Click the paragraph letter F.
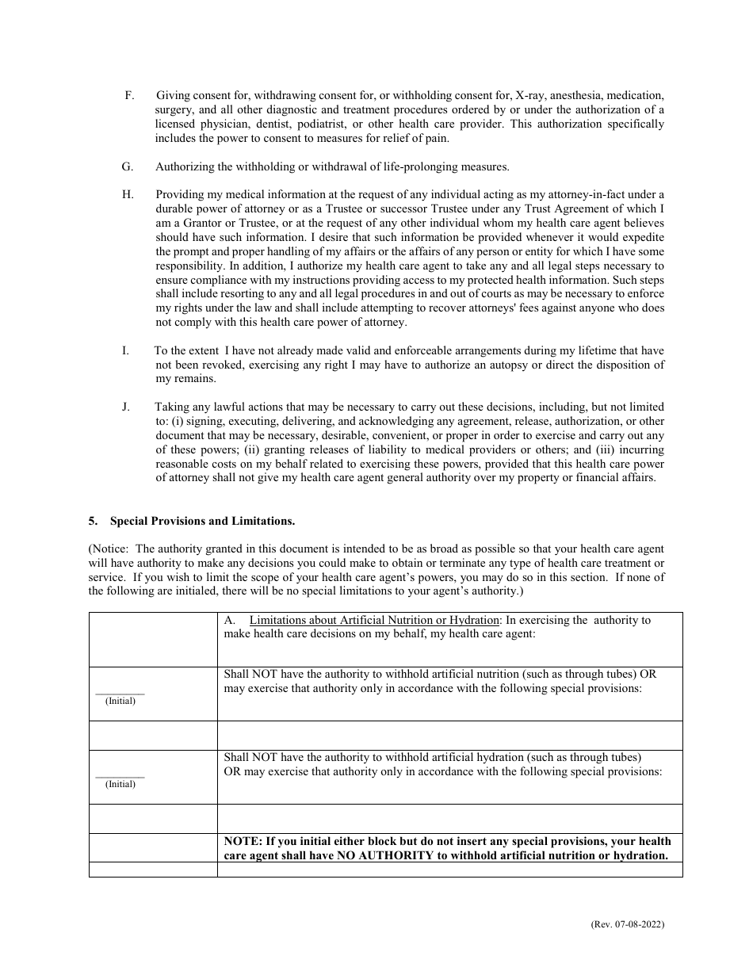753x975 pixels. pos(128,94)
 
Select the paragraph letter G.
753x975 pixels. pos(127,166)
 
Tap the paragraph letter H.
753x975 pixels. pos(127,194)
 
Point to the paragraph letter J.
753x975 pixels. pos(126,407)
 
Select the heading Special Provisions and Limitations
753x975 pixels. pos(202,521)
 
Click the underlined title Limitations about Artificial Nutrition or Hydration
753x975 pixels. pos(374,620)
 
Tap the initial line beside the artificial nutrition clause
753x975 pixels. pos(120,693)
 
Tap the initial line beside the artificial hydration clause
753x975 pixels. pos(120,776)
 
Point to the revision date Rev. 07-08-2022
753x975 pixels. pos(628,924)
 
